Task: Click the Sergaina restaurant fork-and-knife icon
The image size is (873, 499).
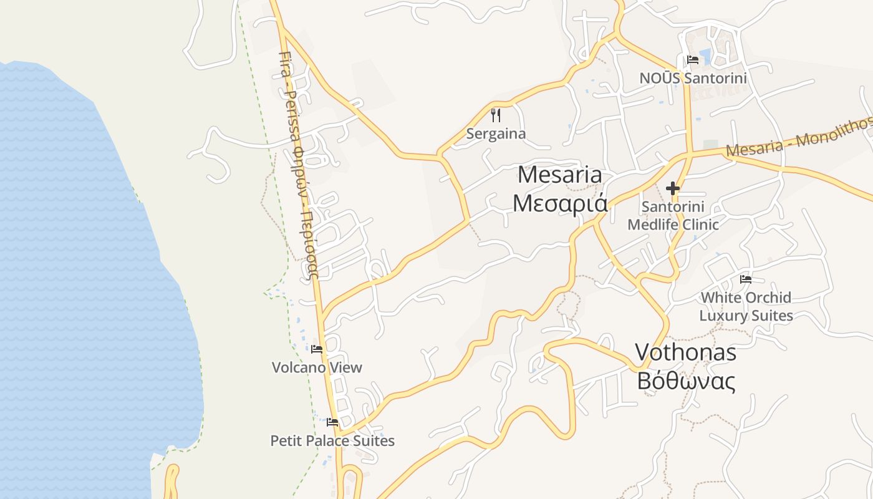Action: click(x=496, y=115)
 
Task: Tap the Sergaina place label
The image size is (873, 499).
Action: click(x=496, y=133)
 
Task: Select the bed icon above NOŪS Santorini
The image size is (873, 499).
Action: click(x=692, y=60)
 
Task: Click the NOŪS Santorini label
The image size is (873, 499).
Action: click(x=693, y=79)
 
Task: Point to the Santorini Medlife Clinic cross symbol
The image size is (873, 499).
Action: click(x=672, y=188)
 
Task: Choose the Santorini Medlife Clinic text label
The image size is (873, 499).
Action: click(x=673, y=215)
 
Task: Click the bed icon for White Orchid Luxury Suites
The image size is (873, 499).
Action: click(x=745, y=279)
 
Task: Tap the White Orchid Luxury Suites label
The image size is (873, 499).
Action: click(x=746, y=306)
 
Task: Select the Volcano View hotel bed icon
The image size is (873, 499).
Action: click(x=317, y=349)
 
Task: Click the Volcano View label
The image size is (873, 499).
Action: click(x=317, y=367)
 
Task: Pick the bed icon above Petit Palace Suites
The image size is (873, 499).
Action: click(x=332, y=422)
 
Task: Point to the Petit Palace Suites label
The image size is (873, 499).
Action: click(x=332, y=440)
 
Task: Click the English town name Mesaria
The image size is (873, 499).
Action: click(x=560, y=175)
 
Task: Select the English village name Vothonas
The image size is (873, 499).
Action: click(x=685, y=352)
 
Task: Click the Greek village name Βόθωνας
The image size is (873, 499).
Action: click(x=685, y=380)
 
